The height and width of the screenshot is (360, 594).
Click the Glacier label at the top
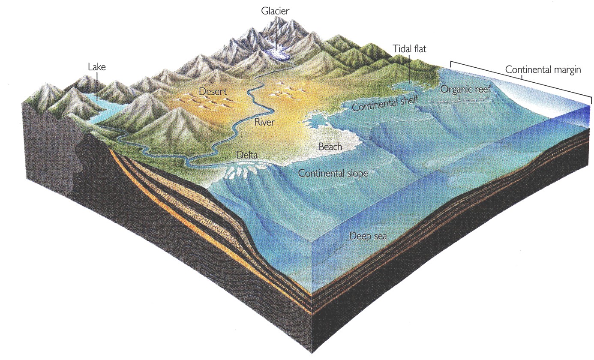276,10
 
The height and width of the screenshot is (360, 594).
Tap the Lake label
96,67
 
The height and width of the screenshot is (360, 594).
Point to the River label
264,122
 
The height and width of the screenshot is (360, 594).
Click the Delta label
247,154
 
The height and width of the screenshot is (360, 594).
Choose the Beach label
330,147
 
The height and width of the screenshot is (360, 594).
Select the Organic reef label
465,90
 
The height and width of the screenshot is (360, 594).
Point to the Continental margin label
543,69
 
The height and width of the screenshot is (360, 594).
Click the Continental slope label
333,173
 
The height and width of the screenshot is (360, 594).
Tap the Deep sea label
368,236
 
